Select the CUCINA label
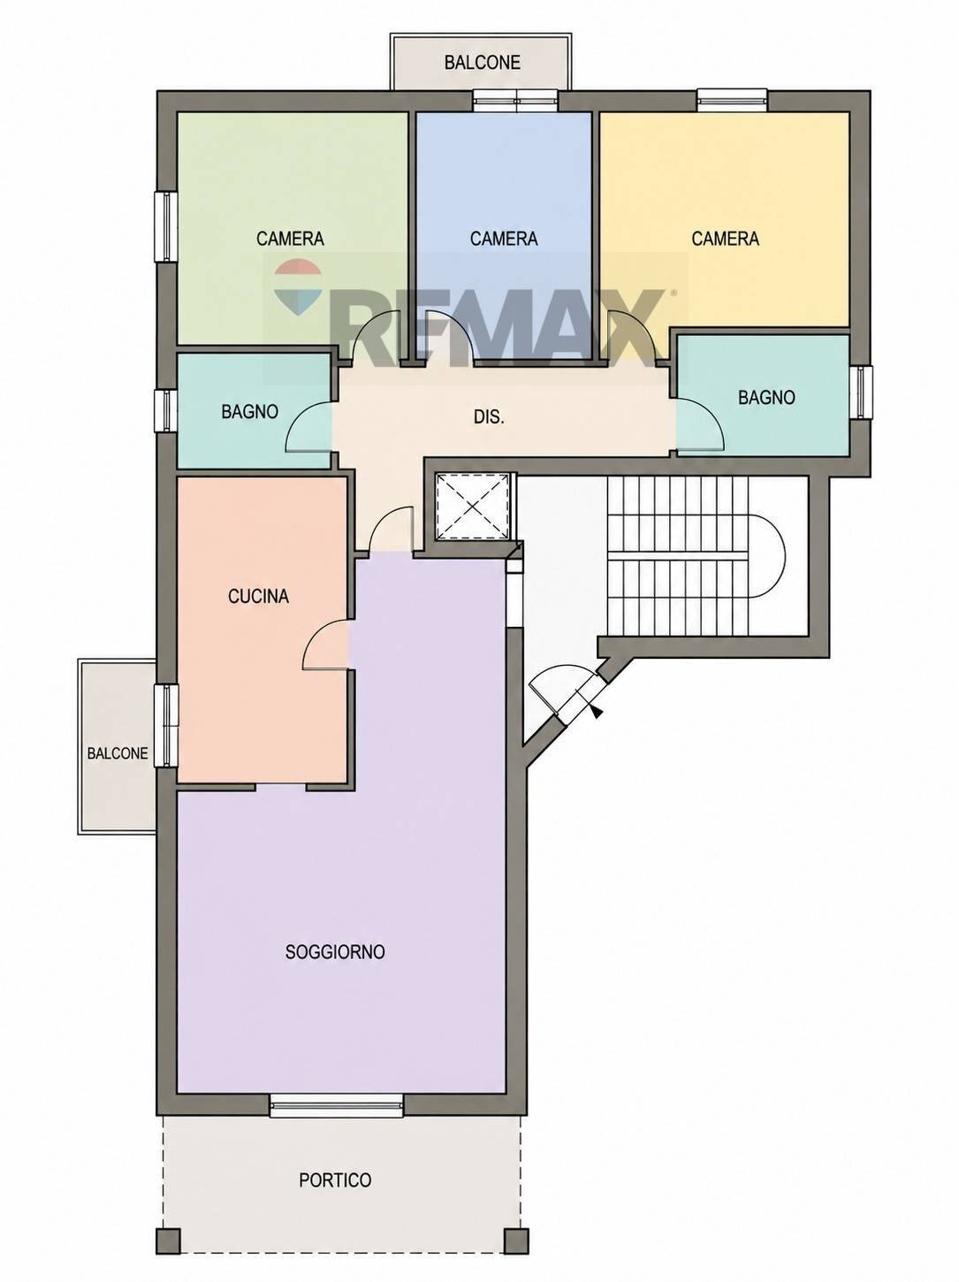259,596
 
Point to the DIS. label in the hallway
489,417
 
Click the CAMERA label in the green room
290,239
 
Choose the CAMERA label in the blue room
504,239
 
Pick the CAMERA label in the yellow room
726,239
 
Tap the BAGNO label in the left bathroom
250,412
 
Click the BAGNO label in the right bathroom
766,397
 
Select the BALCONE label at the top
482,63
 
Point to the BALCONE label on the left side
118,753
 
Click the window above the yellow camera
732,100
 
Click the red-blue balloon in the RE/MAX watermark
298,286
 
